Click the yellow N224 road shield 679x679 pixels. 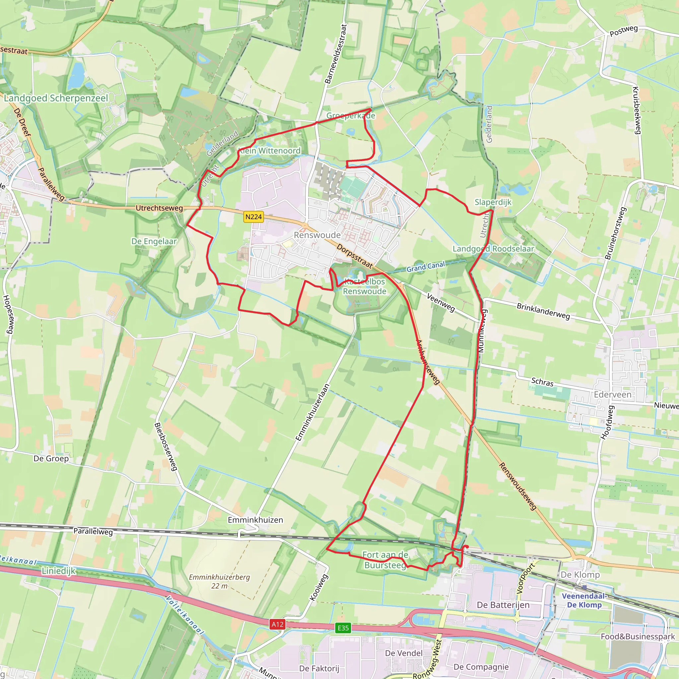click(253, 216)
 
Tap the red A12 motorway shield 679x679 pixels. click(277, 624)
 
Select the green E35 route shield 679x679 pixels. click(343, 628)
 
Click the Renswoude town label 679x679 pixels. click(317, 235)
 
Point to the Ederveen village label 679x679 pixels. click(613, 394)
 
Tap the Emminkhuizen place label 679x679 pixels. click(255, 520)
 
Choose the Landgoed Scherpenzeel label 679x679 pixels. click(56, 98)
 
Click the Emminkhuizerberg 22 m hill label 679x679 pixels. click(219, 581)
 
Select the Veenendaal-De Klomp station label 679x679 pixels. click(584, 600)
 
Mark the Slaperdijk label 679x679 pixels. click(493, 202)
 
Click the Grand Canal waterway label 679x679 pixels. click(426, 267)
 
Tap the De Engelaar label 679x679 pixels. click(154, 241)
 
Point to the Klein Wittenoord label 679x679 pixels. click(270, 151)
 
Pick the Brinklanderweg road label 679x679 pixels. click(543, 311)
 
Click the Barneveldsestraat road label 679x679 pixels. click(336, 54)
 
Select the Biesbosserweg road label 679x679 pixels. click(165, 446)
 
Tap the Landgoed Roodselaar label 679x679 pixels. click(493, 249)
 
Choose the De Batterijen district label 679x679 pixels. click(503, 605)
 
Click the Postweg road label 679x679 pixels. click(624, 31)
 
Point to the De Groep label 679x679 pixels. click(51, 458)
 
